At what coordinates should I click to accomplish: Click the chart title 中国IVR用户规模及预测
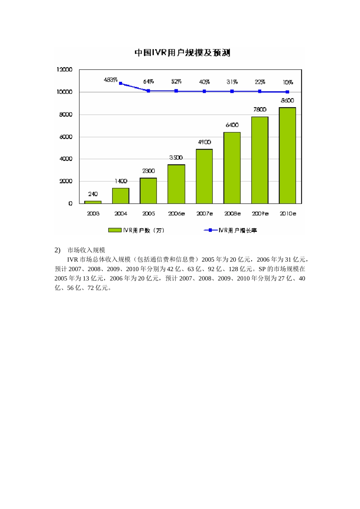coord(182,53)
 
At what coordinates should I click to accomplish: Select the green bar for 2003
coord(93,202)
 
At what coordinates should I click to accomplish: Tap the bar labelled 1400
coord(121,196)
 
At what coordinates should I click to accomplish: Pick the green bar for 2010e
coord(287,156)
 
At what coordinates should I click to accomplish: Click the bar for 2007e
coord(204,176)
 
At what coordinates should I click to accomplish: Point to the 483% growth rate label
coord(111,80)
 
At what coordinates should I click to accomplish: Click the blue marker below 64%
coord(149,91)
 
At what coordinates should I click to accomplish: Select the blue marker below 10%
coord(288,92)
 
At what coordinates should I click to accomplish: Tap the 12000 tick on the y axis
coord(64,70)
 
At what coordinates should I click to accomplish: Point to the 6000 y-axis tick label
coord(66,137)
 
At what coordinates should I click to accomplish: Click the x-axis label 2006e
coord(177,214)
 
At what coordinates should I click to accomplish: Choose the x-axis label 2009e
coord(260,214)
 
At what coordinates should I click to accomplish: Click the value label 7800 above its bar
coord(260,109)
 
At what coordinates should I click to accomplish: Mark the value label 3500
coord(176,158)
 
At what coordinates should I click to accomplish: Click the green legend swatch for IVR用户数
coord(114,230)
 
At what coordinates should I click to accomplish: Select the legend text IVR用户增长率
coord(238,230)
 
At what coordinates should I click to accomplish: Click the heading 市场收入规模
coord(86,250)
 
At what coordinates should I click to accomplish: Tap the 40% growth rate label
coord(204,82)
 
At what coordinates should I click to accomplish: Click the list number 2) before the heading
coord(58,250)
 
